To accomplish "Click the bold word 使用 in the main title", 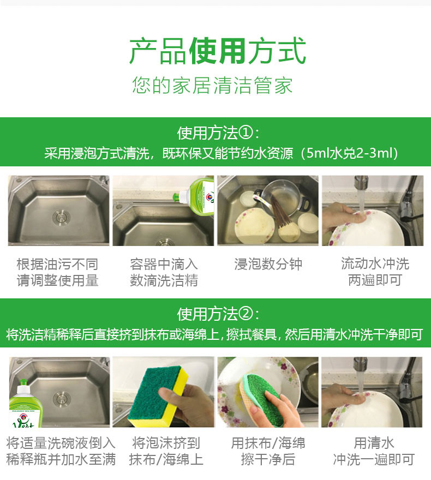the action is click(x=217, y=51).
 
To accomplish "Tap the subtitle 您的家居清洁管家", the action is click(x=212, y=85).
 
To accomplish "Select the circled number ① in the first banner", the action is click(x=246, y=133).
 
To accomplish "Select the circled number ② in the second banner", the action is click(x=246, y=314).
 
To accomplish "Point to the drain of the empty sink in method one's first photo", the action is click(x=61, y=217).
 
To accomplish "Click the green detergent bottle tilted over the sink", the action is click(x=196, y=196).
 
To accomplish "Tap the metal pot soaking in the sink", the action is click(x=280, y=199).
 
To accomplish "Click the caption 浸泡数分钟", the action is click(x=268, y=264).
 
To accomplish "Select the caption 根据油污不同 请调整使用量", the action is click(x=57, y=272).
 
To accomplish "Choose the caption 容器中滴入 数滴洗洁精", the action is click(x=164, y=272).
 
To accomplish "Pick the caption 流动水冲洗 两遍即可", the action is click(x=375, y=272).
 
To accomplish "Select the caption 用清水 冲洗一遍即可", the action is click(x=374, y=451).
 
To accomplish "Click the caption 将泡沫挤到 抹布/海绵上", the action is click(x=166, y=451).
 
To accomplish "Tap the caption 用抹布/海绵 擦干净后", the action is click(x=268, y=451).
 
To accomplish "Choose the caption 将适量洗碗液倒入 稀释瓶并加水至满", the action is click(x=61, y=451).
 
